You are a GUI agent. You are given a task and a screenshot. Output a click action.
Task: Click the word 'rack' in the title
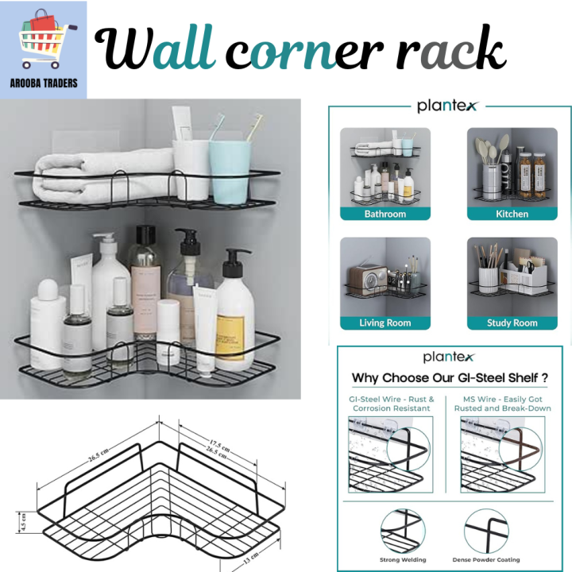(x=450, y=51)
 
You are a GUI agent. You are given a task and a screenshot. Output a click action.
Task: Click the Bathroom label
(x=385, y=214)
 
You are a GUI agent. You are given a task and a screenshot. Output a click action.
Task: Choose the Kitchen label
(x=512, y=214)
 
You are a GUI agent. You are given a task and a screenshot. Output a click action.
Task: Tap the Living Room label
(x=385, y=323)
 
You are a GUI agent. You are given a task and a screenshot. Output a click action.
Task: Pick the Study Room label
(x=512, y=323)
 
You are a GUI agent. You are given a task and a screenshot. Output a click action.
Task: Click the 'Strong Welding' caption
(x=404, y=560)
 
